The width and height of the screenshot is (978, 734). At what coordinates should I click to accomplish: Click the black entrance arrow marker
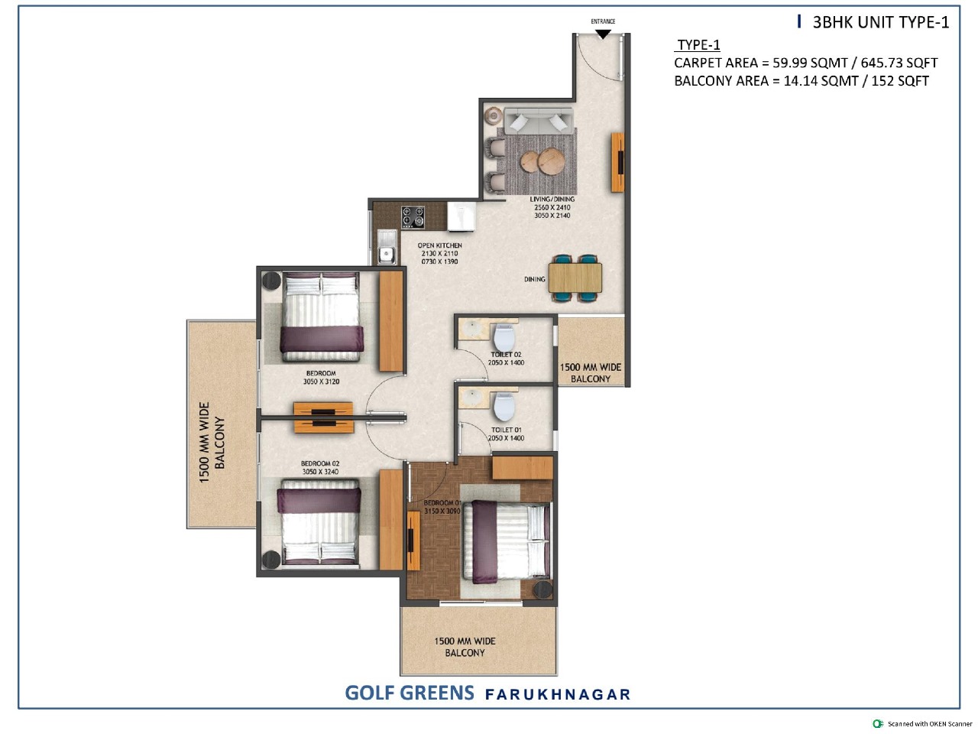[603, 34]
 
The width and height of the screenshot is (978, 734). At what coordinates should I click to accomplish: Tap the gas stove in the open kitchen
[413, 217]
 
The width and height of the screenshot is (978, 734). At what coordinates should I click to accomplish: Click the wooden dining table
[575, 278]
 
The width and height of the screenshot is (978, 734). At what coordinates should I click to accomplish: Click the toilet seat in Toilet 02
[504, 337]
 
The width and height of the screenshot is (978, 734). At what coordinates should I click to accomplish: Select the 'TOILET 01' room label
[506, 430]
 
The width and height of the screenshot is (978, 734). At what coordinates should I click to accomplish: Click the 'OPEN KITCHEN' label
[440, 245]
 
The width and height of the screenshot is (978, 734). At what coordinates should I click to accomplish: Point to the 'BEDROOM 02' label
[320, 463]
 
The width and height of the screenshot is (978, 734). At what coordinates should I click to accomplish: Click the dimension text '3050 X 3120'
[321, 382]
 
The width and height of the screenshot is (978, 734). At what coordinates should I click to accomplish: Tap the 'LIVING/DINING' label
[552, 200]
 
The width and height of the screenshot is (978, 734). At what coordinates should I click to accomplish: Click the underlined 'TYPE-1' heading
[698, 45]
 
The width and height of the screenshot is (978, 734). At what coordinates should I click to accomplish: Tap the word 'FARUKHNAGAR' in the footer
[558, 694]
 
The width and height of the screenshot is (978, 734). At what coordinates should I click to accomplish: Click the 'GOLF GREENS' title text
[410, 693]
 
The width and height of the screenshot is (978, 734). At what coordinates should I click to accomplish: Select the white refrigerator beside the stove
[461, 217]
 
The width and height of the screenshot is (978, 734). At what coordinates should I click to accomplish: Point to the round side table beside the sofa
[494, 116]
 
